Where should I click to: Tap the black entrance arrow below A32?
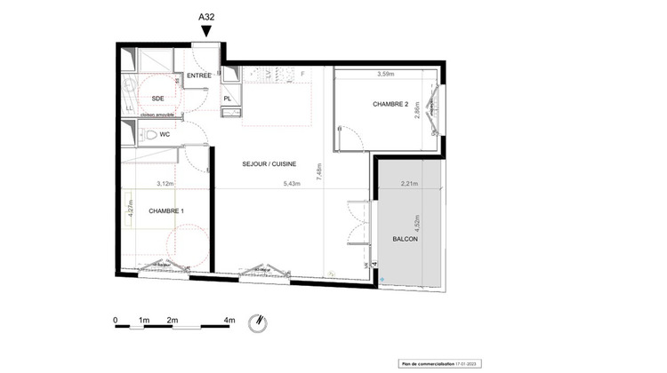tap(206, 32)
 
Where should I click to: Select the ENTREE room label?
tap(199, 77)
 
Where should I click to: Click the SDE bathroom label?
tap(157, 99)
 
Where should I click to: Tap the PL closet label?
tap(228, 99)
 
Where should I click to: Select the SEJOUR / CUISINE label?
tap(269, 164)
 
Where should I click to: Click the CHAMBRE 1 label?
tap(166, 210)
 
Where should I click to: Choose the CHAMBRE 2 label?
tap(391, 105)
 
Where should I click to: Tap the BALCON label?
tap(406, 240)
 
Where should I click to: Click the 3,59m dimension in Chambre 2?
tap(385, 74)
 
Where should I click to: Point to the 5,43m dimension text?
tap(292, 184)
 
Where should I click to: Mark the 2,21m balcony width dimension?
tap(410, 184)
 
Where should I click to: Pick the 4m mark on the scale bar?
tap(229, 319)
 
